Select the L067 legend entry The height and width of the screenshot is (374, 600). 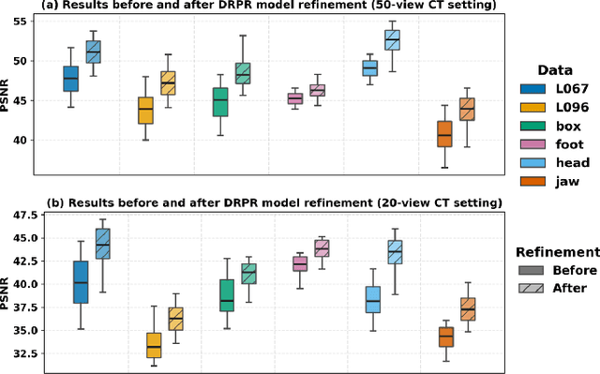(553, 90)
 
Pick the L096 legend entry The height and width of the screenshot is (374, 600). (553, 108)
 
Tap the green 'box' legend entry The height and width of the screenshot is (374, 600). (553, 126)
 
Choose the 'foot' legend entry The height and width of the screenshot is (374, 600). (553, 143)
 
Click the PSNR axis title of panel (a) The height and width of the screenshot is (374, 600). (7, 95)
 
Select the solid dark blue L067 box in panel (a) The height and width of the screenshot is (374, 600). (70, 79)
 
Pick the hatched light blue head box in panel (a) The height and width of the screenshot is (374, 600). (393, 39)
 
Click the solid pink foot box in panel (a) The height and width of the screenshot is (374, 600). (295, 98)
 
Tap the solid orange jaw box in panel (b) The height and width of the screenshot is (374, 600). (445, 337)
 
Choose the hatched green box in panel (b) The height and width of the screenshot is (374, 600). (248, 274)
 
